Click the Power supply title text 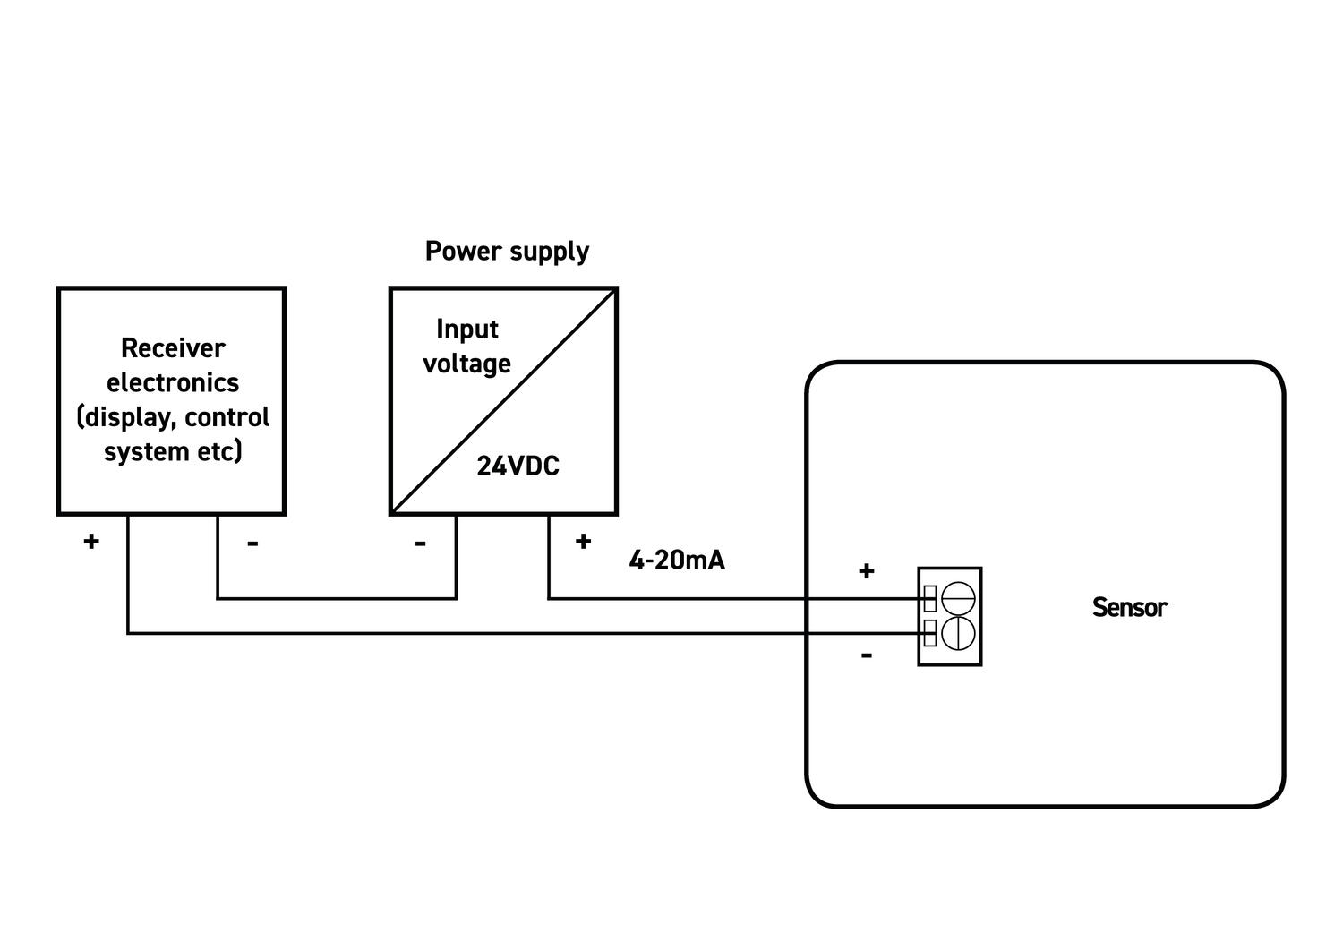click(507, 252)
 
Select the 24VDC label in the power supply click(518, 466)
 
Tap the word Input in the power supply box click(466, 330)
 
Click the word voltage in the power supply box click(466, 364)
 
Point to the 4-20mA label click(677, 561)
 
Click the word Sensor click(1130, 608)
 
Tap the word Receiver click(173, 347)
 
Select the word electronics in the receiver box click(173, 382)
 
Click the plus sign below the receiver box click(90, 541)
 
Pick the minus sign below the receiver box click(252, 543)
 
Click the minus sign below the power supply click(420, 543)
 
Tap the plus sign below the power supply click(583, 541)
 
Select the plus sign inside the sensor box click(866, 571)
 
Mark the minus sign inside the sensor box click(866, 655)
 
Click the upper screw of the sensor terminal click(958, 597)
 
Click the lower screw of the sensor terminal click(958, 633)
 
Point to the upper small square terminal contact click(930, 598)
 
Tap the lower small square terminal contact click(930, 633)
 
